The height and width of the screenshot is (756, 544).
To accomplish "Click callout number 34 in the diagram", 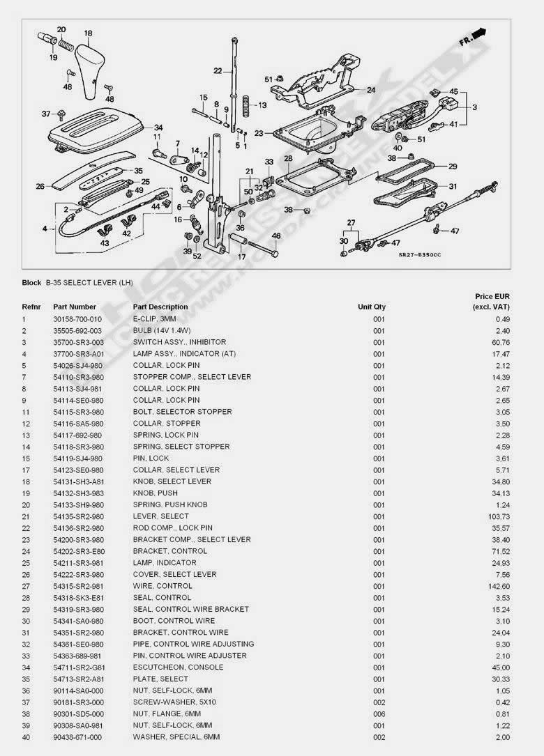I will [x=158, y=128].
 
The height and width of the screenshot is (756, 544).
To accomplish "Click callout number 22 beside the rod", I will [x=218, y=70].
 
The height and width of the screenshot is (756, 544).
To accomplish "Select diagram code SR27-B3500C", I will [x=420, y=255].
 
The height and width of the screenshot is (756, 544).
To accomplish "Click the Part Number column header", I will [x=75, y=307].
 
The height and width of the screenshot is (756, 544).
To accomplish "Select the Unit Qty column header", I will [x=372, y=307].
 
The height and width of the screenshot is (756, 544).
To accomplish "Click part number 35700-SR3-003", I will [x=77, y=342].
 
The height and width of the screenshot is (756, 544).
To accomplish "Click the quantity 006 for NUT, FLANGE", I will [x=379, y=713].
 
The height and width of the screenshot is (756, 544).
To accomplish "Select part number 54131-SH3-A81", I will [x=77, y=481].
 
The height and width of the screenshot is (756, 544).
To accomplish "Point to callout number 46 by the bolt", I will [x=275, y=236].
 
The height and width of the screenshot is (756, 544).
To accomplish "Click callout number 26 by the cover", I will [x=40, y=186].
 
